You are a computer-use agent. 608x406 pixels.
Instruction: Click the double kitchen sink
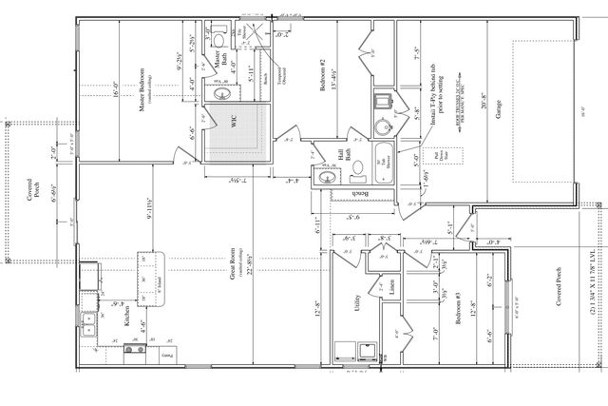pos(89,324)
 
